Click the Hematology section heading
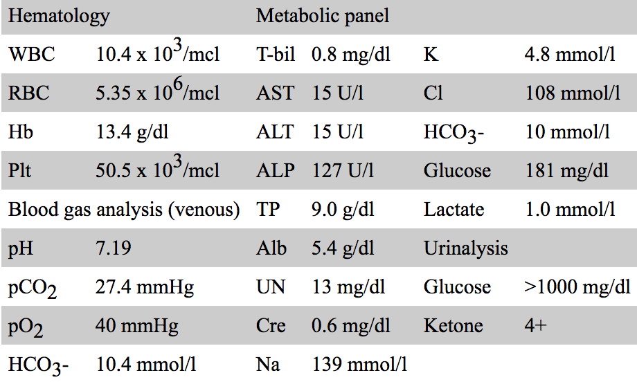(59, 16)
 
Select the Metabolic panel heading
(323, 16)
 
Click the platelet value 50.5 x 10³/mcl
(158, 170)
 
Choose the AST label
(275, 93)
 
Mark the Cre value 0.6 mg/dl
(351, 325)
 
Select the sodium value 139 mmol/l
(360, 364)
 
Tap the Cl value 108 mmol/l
(572, 93)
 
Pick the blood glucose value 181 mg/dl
(565, 170)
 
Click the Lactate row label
(454, 209)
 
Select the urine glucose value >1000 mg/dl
(577, 286)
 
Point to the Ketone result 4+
(536, 325)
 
